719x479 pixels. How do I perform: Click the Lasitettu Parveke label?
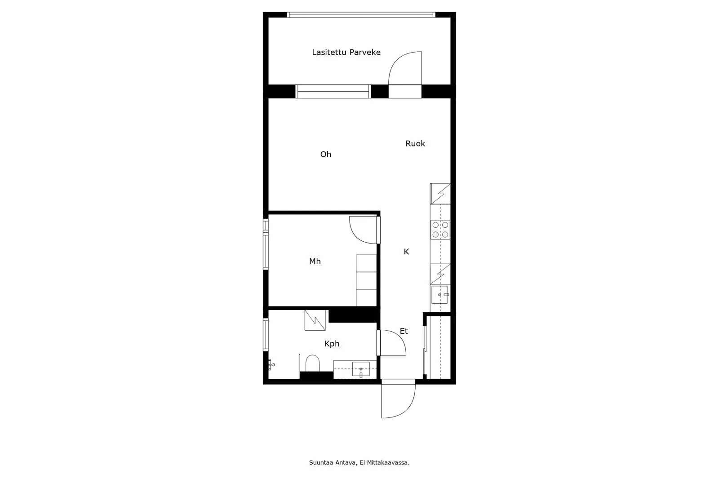point(346,52)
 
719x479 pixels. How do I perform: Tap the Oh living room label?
point(325,154)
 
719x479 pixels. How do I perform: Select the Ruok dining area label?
point(415,143)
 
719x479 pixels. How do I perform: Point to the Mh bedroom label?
point(315,261)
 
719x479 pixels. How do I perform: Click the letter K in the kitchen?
point(406,252)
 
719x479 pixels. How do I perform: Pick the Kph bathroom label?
point(332,344)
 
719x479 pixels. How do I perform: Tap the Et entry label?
point(404,331)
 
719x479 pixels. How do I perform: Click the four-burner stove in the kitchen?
point(440,230)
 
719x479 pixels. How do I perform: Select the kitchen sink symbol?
point(440,295)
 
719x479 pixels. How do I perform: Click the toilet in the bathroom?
point(312,363)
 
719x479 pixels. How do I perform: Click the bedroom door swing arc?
point(362,230)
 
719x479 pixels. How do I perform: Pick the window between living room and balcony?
point(333,91)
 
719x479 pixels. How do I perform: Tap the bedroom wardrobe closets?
point(366,280)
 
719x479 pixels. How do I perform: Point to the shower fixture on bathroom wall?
point(271,364)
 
